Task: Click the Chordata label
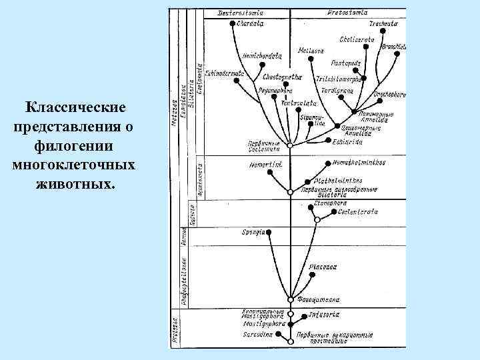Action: (250, 23)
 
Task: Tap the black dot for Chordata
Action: (232, 23)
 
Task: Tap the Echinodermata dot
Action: (244, 71)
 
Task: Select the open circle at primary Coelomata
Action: (290, 144)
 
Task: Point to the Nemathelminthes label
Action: (357, 162)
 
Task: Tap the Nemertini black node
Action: (269, 172)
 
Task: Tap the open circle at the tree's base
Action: (290, 341)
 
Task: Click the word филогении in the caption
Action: (74, 145)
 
